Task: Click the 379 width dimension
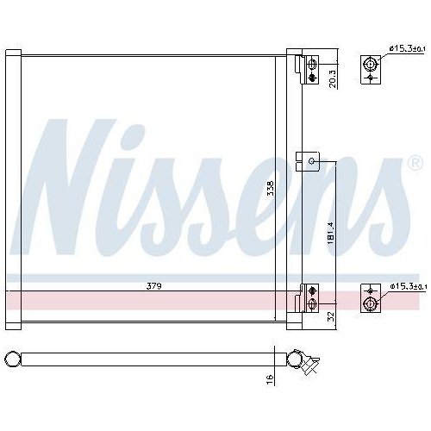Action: click(154, 285)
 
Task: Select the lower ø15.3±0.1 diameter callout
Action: click(407, 285)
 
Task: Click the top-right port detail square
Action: click(371, 68)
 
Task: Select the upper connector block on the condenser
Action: click(309, 68)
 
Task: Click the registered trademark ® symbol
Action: click(415, 163)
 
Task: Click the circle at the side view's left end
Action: click(12, 358)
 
